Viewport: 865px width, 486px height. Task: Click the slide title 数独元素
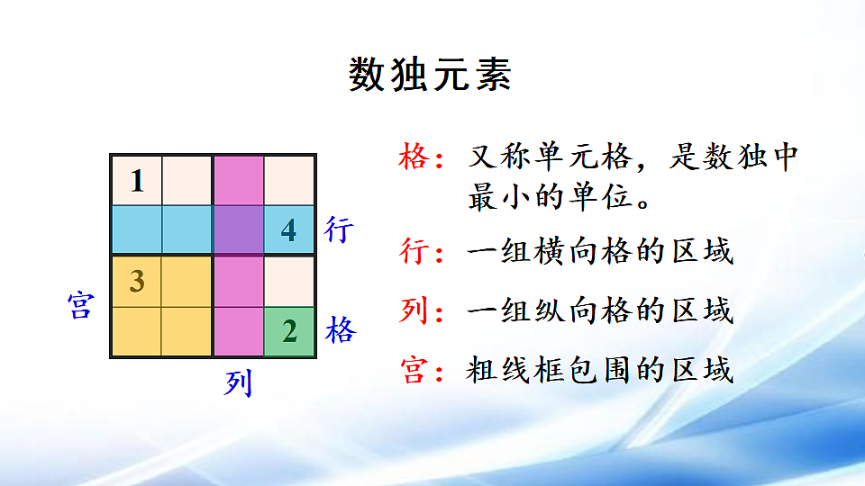(x=431, y=76)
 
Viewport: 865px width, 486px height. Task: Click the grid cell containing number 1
(x=137, y=180)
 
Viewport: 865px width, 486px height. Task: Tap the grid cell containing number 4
(x=288, y=230)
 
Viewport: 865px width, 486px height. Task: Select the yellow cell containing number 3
(x=137, y=281)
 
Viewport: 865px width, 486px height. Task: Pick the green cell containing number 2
(x=289, y=331)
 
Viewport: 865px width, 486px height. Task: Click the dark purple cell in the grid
(x=239, y=230)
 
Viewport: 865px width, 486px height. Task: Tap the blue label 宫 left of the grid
(x=80, y=306)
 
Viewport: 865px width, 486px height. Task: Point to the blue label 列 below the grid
(x=239, y=384)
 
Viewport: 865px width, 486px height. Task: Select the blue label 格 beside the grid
(x=341, y=331)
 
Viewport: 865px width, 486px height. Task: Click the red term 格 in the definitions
(x=414, y=158)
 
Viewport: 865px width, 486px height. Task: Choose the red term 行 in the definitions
(x=414, y=252)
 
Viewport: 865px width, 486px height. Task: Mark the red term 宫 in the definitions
(x=414, y=370)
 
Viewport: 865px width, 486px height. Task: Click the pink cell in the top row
(x=239, y=180)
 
